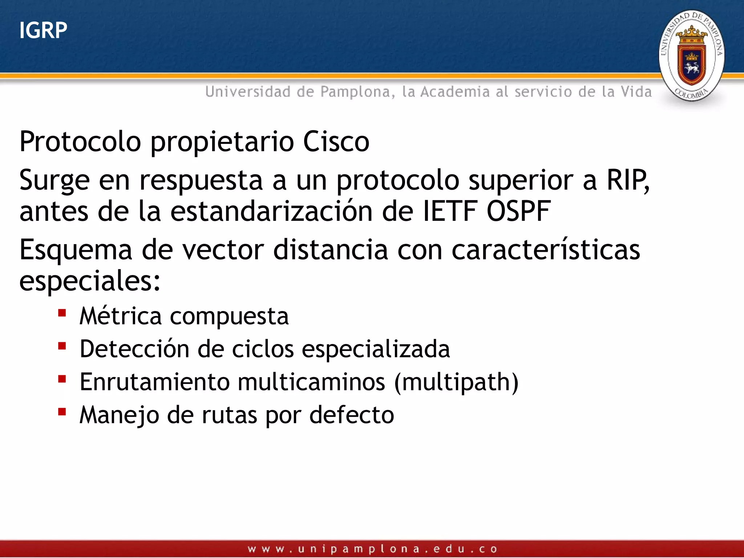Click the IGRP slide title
coord(43,30)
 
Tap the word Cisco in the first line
coord(336,142)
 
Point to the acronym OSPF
coord(518,211)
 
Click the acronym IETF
coord(450,211)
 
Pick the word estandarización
coord(271,211)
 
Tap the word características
coord(546,250)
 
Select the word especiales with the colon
coord(89,282)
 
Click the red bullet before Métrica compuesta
coord(62,313)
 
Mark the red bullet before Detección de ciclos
coord(62,345)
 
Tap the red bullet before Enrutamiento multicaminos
coord(62,379)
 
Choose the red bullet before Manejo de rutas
coord(62,412)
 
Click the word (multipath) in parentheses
coord(456,383)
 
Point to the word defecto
coord(351,415)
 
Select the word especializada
coord(376,349)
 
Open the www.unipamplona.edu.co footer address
coord(372,549)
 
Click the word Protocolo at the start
coord(80,142)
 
